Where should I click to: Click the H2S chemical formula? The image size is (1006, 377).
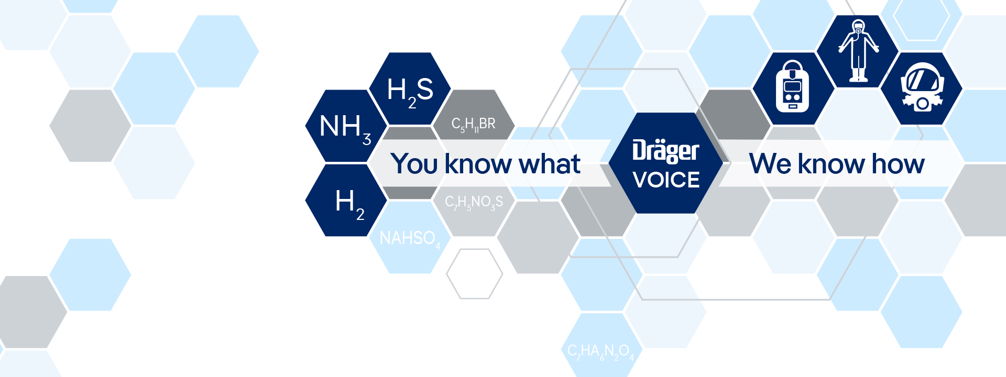click(x=410, y=91)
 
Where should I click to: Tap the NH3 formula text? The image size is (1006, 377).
click(x=345, y=128)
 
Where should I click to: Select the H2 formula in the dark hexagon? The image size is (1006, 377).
click(x=349, y=203)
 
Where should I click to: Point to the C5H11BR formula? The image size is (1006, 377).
click(x=473, y=125)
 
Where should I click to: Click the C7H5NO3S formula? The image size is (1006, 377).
click(x=474, y=202)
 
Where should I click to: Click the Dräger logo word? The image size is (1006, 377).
click(x=665, y=151)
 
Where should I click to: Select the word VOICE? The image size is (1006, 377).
click(x=666, y=180)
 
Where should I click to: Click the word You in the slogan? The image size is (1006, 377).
click(x=414, y=164)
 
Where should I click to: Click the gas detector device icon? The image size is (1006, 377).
click(x=792, y=87)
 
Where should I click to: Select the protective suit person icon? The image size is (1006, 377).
click(x=858, y=51)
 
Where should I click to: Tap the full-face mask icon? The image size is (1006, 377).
click(x=922, y=87)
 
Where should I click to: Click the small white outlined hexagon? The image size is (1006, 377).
click(x=474, y=274)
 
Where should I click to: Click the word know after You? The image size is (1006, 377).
click(x=477, y=164)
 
